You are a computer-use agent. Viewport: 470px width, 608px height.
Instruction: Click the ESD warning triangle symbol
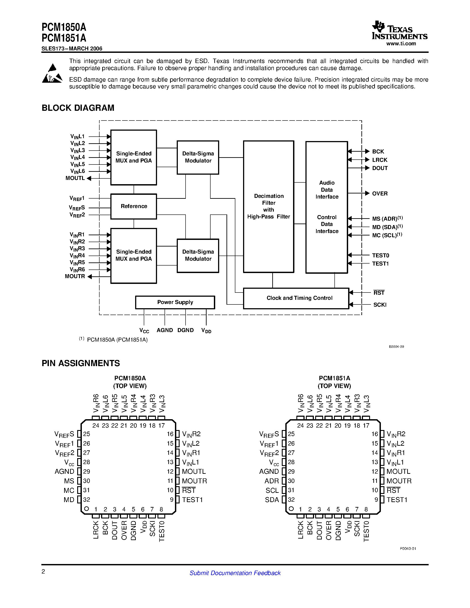pyautogui.click(x=52, y=74)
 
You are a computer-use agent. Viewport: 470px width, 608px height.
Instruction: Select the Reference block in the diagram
pyautogui.click(x=134, y=206)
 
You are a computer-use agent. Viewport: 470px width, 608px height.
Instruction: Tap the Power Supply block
pyautogui.click(x=175, y=302)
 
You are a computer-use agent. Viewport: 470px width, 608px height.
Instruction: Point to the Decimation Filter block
pyautogui.click(x=269, y=206)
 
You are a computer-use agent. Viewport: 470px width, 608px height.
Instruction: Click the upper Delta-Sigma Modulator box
pyautogui.click(x=198, y=157)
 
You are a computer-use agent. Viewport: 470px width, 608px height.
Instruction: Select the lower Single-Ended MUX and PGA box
pyautogui.click(x=134, y=255)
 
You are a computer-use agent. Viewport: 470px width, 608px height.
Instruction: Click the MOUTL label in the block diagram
pyautogui.click(x=75, y=178)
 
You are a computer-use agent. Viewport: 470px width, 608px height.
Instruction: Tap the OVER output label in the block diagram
pyautogui.click(x=380, y=193)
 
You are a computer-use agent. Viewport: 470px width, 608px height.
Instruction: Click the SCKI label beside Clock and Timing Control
pyautogui.click(x=380, y=305)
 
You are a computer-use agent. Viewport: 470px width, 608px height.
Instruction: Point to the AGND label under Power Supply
pyautogui.click(x=165, y=330)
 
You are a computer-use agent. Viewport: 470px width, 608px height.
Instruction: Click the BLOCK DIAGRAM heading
pyautogui.click(x=78, y=108)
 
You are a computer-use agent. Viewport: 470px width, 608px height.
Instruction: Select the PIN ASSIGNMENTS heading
pyautogui.click(x=81, y=363)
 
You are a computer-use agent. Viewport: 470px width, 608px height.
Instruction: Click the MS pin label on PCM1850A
pyautogui.click(x=69, y=481)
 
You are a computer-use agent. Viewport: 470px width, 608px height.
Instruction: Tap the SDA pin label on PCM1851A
pyautogui.click(x=272, y=500)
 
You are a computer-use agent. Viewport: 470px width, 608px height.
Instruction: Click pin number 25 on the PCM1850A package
pyautogui.click(x=87, y=434)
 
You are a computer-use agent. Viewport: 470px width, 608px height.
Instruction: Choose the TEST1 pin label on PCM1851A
pyautogui.click(x=397, y=500)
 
